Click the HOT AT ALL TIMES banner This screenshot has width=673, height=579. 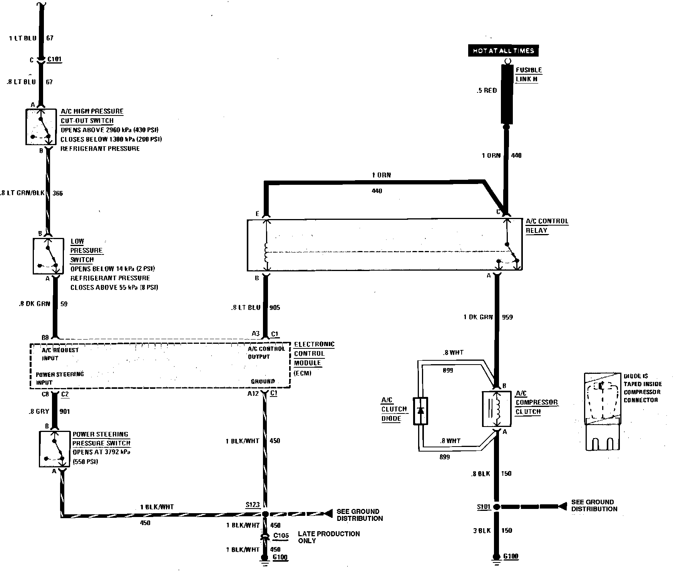point(503,51)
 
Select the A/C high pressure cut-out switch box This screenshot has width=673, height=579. point(41,127)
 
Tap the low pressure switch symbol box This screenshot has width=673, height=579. point(49,256)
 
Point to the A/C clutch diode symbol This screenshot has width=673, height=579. point(420,412)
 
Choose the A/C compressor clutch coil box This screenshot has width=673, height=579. point(497,409)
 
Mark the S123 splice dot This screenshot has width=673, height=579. point(265,514)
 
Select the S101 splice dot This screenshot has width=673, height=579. point(497,507)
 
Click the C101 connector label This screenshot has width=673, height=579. point(54,60)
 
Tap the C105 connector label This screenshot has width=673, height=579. point(281,535)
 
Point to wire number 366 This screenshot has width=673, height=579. point(57,193)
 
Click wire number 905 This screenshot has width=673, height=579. point(275,308)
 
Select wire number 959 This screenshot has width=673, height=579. point(507,317)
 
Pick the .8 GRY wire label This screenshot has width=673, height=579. point(39,412)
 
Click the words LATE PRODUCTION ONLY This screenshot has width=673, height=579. point(328,537)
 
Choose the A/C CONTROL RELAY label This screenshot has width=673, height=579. point(547,226)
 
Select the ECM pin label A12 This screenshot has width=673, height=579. point(253,393)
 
